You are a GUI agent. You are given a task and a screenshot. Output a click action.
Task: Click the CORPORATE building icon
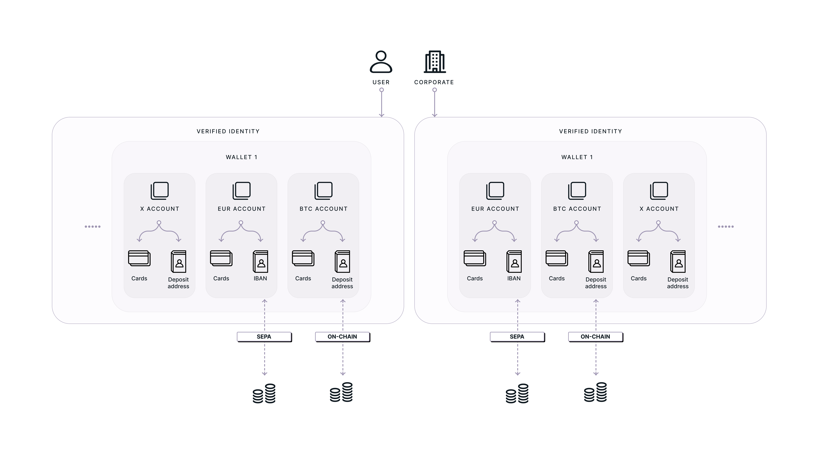(435, 62)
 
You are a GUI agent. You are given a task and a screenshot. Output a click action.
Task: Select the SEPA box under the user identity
(264, 337)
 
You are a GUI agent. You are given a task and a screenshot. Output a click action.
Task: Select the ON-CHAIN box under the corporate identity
(596, 337)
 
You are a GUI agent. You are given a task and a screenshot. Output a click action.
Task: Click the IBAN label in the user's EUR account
(260, 278)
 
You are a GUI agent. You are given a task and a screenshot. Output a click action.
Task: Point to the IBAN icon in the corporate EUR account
(514, 261)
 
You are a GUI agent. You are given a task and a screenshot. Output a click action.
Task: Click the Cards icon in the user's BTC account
(303, 258)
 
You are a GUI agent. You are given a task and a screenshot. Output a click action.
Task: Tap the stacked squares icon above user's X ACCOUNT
(160, 191)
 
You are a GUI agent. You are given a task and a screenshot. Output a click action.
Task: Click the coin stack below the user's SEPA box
(264, 393)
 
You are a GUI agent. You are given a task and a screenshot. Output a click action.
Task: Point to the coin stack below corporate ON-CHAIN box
(595, 392)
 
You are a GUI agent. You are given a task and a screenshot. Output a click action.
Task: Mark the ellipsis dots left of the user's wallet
(93, 227)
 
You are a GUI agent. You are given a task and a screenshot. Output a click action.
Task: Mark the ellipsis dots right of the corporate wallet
(726, 227)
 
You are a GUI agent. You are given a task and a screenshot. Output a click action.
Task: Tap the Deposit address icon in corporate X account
(678, 261)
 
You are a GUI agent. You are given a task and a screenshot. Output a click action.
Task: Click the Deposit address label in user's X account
(178, 283)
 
